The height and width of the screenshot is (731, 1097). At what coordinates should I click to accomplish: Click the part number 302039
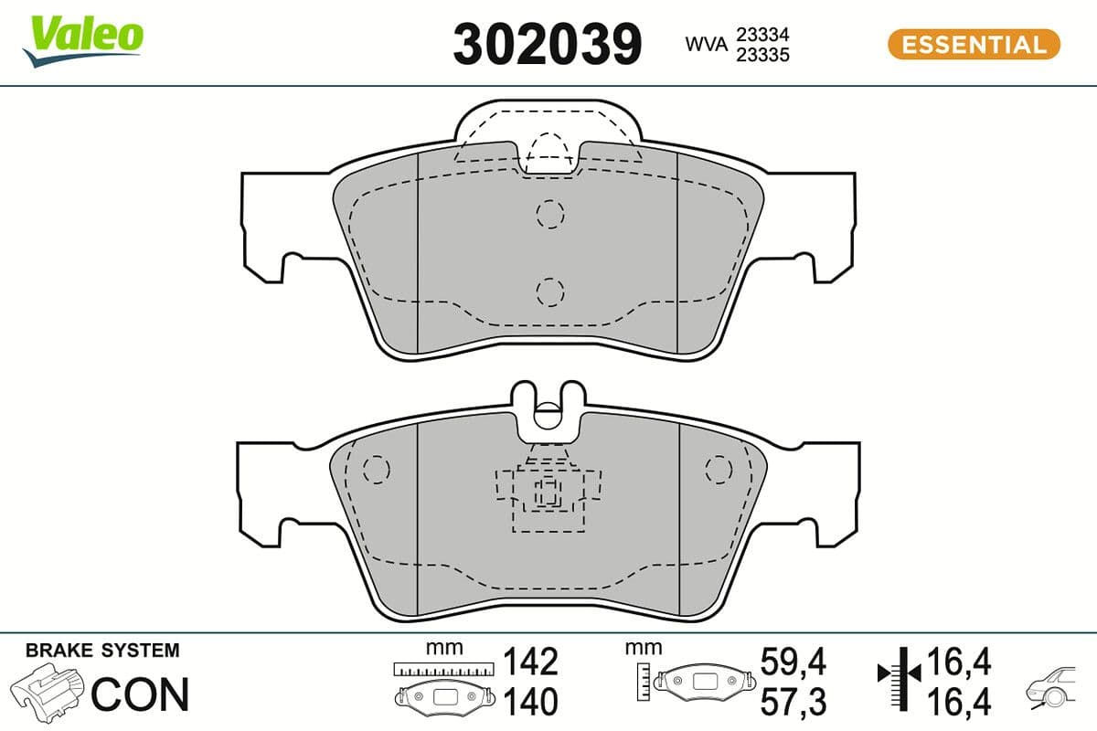click(x=548, y=43)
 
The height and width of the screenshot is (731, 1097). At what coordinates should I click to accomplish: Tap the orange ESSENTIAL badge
click(x=974, y=44)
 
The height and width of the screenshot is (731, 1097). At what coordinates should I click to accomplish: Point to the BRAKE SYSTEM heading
click(x=102, y=651)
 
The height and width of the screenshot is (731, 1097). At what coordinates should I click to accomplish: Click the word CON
click(x=140, y=694)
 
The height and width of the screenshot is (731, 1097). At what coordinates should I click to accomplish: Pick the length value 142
click(x=531, y=661)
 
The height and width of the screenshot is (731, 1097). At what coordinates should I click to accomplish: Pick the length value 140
click(x=531, y=702)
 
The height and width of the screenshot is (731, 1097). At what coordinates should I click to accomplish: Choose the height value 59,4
click(x=793, y=661)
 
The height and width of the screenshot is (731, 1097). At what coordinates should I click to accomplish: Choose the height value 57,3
click(x=793, y=702)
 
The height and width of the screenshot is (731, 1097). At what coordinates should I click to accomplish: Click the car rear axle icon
click(x=1055, y=691)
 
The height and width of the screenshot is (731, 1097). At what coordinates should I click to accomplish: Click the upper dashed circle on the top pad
click(x=549, y=214)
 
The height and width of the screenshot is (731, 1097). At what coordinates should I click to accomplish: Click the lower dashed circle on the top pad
click(x=549, y=291)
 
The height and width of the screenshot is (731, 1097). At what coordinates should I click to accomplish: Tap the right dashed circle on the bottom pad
click(x=719, y=468)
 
